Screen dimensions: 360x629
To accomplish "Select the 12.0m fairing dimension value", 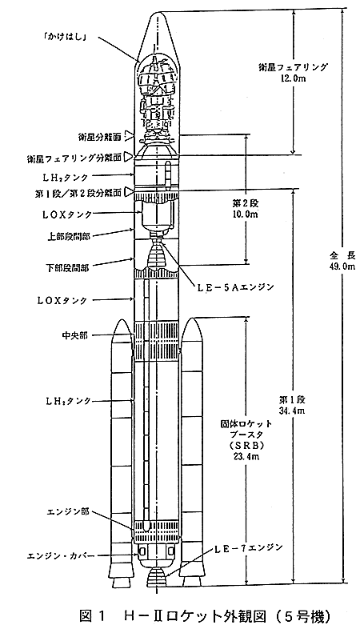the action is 293,78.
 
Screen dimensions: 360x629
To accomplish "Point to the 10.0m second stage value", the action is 246,214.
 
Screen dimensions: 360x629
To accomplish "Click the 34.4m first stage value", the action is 292,410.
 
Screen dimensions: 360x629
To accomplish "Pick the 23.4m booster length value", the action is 246,456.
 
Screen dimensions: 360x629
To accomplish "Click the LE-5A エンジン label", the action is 233,287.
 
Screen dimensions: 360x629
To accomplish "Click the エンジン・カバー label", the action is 61,556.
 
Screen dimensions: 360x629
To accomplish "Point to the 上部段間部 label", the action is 71,236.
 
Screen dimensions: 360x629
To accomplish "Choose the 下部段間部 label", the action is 71,267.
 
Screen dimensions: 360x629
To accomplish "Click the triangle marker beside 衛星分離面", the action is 128,136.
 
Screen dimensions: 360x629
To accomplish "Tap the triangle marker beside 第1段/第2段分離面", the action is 128,192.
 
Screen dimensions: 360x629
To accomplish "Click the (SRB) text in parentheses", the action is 246,445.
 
